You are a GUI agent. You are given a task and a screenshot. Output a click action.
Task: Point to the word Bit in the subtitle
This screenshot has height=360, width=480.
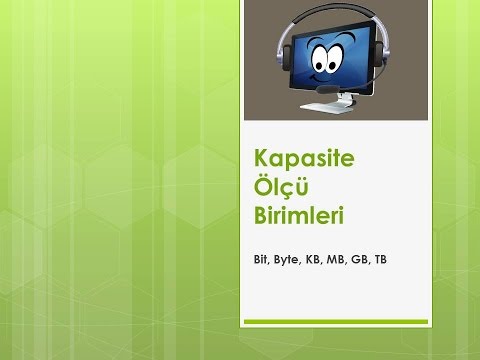point(262,259)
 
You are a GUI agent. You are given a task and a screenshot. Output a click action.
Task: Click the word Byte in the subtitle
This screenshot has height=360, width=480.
point(290,259)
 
